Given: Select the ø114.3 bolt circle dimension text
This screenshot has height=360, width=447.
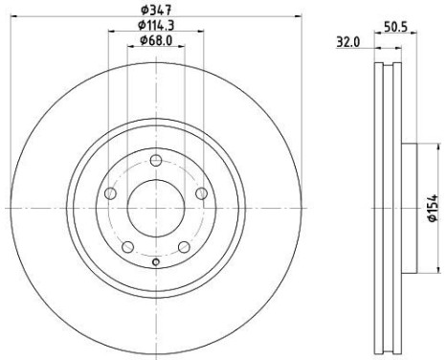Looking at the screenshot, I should [x=156, y=24].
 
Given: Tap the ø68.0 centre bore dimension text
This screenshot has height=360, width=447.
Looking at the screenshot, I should [x=155, y=40].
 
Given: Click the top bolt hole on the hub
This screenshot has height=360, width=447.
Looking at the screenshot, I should [x=155, y=157].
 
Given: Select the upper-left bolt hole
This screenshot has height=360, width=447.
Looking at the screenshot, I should [x=110, y=194].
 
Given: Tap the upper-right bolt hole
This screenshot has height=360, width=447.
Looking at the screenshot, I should [x=201, y=194].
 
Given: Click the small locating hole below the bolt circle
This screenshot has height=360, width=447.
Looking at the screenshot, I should [x=155, y=259].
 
